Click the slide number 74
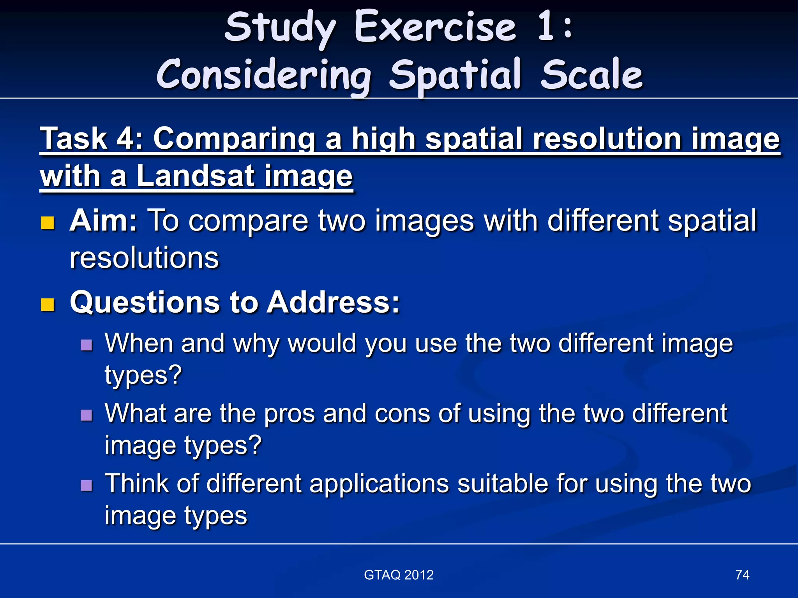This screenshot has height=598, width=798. [742, 575]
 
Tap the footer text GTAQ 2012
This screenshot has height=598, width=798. [399, 575]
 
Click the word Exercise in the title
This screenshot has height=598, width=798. [435, 27]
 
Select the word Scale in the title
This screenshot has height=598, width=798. [591, 75]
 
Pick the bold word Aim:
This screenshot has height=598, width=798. [103, 221]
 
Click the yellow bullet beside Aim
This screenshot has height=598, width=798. [48, 223]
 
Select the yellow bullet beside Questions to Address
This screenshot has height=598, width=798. [48, 305]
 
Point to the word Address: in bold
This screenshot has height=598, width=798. [333, 303]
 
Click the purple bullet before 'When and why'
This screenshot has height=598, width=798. [87, 345]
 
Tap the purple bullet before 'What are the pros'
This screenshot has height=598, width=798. [87, 415]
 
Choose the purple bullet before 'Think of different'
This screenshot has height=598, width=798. [87, 485]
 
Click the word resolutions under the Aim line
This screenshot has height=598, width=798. [144, 258]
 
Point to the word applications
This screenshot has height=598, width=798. [379, 484]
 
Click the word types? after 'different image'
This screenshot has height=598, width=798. [143, 375]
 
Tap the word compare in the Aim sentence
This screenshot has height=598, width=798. [248, 221]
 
